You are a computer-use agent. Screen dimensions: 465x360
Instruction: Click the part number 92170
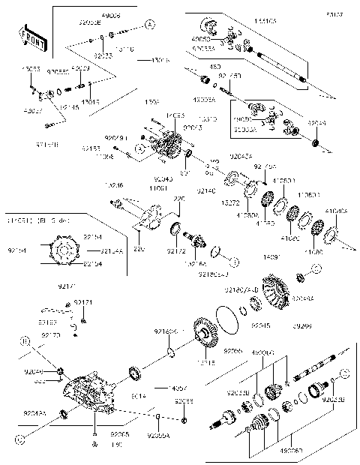[x=50, y=334]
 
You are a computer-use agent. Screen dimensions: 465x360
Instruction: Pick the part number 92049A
[x=34, y=412]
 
